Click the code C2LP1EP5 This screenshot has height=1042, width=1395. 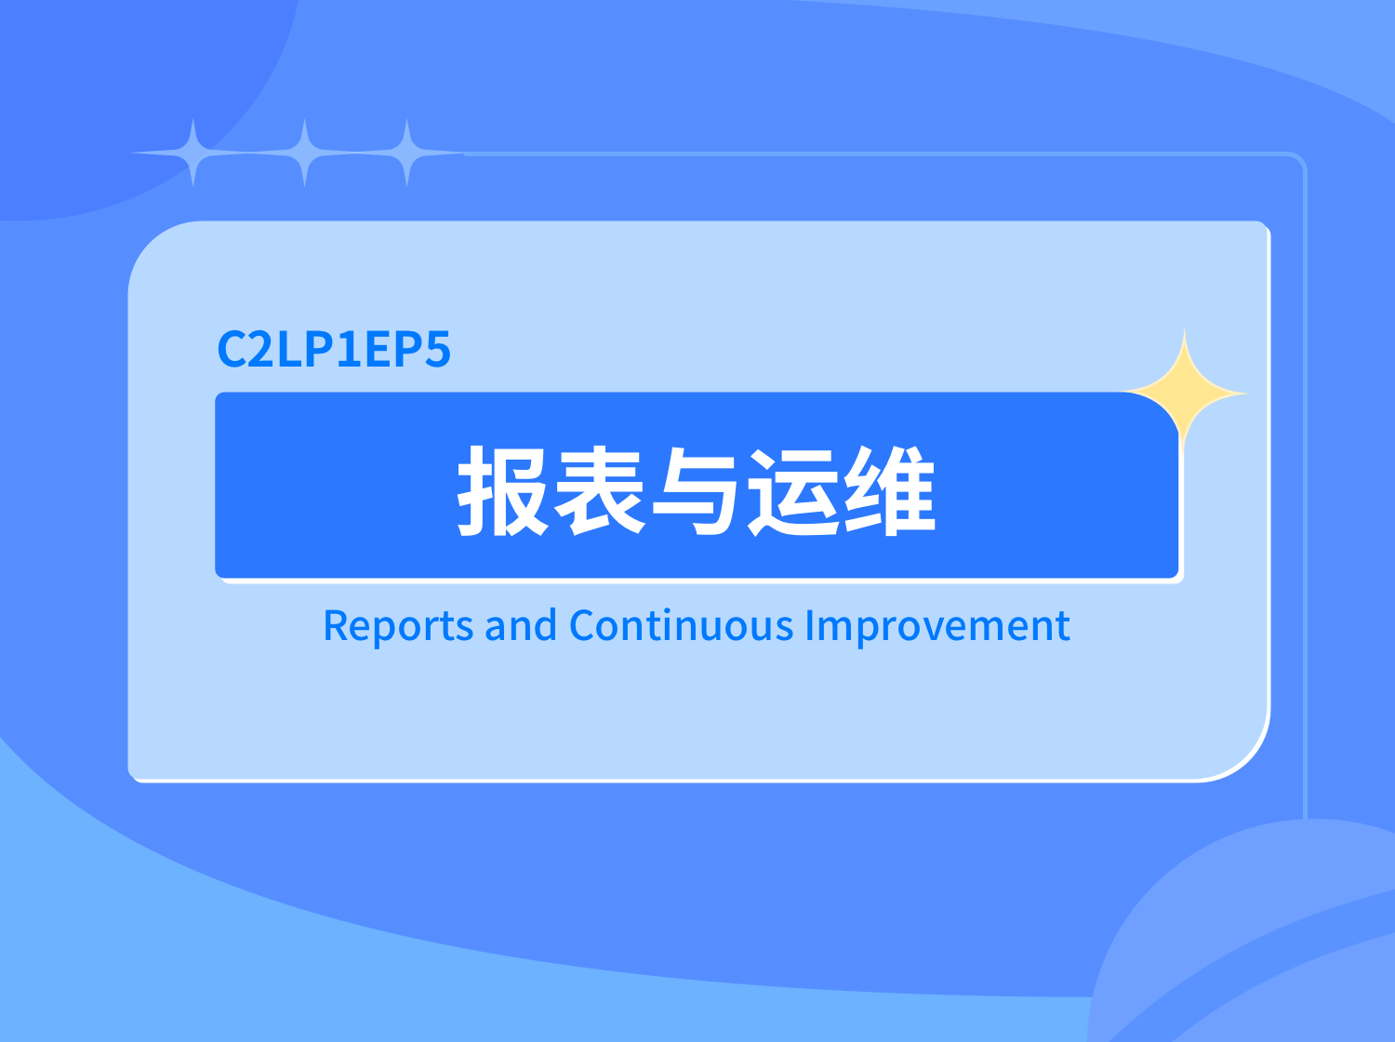[334, 348]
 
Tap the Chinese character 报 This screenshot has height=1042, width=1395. [502, 490]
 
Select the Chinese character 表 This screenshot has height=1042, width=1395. [599, 490]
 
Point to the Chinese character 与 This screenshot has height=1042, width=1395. [696, 490]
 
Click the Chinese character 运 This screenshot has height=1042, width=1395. [793, 490]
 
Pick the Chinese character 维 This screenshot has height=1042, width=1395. [890, 490]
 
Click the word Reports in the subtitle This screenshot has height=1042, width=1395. [398, 626]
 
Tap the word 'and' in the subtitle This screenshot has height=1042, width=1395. [521, 625]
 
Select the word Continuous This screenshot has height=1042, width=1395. [682, 625]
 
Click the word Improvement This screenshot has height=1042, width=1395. [937, 627]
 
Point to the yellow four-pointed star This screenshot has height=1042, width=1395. [1183, 394]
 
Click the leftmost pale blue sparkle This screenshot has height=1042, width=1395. [193, 153]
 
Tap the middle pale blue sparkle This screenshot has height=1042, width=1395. [304, 153]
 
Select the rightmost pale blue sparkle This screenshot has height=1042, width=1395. [406, 153]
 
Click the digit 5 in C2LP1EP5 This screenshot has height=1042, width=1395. [437, 349]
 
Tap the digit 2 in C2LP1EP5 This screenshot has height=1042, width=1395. [259, 348]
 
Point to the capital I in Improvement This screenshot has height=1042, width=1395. [810, 625]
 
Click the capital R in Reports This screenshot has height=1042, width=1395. [335, 625]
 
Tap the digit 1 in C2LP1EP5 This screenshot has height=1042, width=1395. [349, 349]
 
